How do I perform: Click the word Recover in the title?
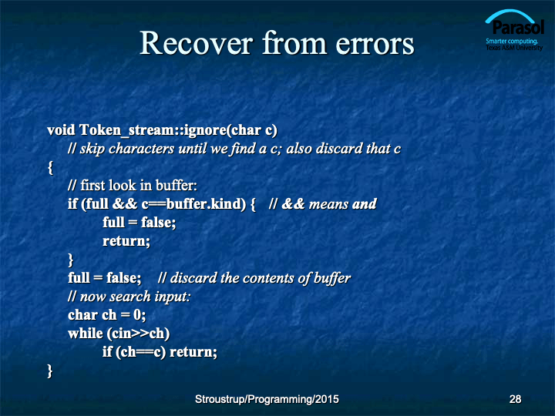197,43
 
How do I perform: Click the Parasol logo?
514,30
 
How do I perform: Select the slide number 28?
515,399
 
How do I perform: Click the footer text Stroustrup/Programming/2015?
267,399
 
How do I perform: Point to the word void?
61,130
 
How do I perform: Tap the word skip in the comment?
92,149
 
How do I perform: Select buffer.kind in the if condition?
206,203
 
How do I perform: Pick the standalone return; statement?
126,241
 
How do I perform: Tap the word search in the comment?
130,297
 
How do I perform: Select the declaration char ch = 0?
106,315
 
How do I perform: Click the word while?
86,334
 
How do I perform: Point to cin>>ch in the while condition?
138,334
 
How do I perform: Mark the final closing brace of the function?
50,371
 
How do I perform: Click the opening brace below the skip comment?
50,168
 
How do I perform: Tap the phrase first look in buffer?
139,186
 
